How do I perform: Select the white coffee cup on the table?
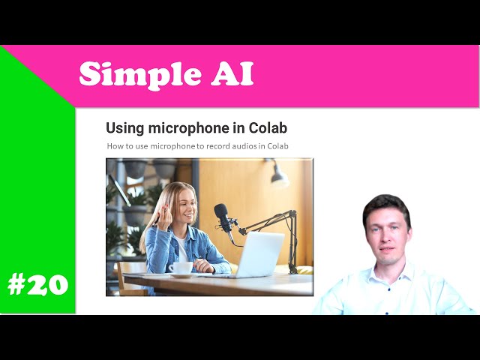point(180,268)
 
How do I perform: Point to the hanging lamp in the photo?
point(278,177)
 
